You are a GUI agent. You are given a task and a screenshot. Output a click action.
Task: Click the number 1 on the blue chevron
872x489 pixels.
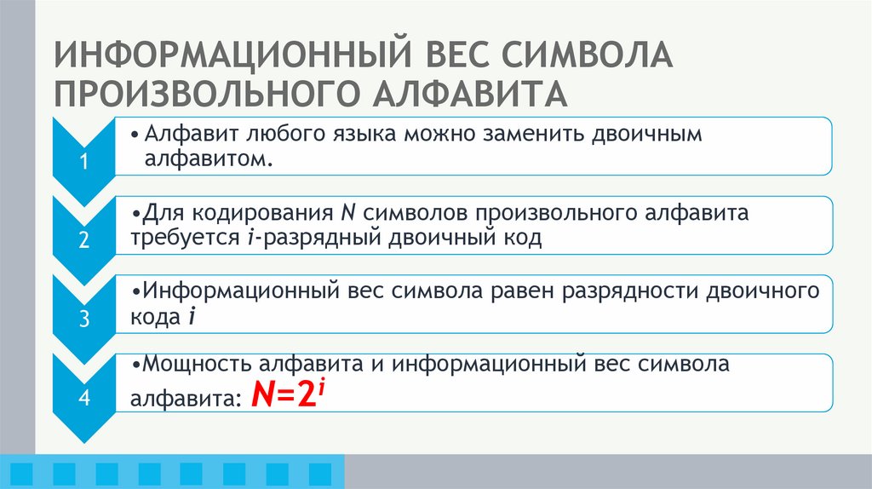(84, 164)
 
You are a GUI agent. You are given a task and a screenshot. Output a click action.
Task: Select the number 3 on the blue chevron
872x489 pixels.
(84, 319)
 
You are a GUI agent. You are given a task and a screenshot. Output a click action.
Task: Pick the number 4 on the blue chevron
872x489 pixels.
(84, 398)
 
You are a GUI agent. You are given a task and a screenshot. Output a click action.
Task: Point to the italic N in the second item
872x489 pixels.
(347, 213)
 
